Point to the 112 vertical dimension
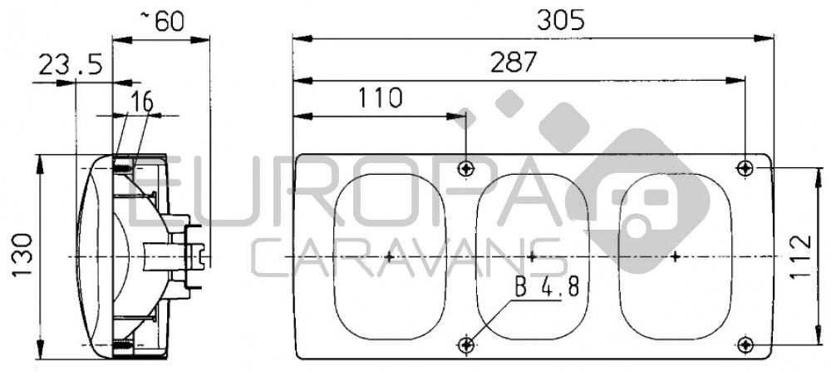[x=800, y=255]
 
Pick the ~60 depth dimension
[x=163, y=21]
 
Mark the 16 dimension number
[x=142, y=102]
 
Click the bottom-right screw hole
[x=745, y=344]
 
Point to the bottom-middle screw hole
[x=468, y=344]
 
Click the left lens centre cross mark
[x=389, y=256]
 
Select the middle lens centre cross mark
[x=532, y=256]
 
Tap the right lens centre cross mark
[x=675, y=256]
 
